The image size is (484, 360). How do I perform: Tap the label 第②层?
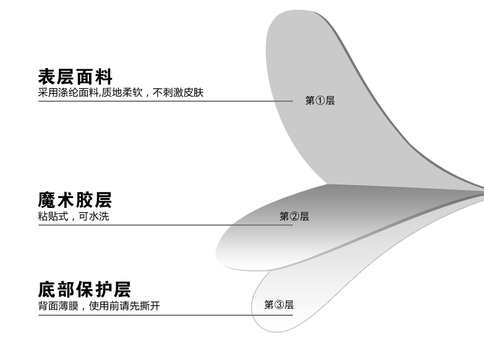(294, 216)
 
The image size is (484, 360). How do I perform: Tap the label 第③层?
(279, 305)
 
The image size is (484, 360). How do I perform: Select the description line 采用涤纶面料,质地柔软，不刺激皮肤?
(120, 93)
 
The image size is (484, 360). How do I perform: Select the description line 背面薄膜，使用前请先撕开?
(99, 305)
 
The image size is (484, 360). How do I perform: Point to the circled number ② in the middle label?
(294, 216)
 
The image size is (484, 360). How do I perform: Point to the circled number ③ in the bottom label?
(279, 305)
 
